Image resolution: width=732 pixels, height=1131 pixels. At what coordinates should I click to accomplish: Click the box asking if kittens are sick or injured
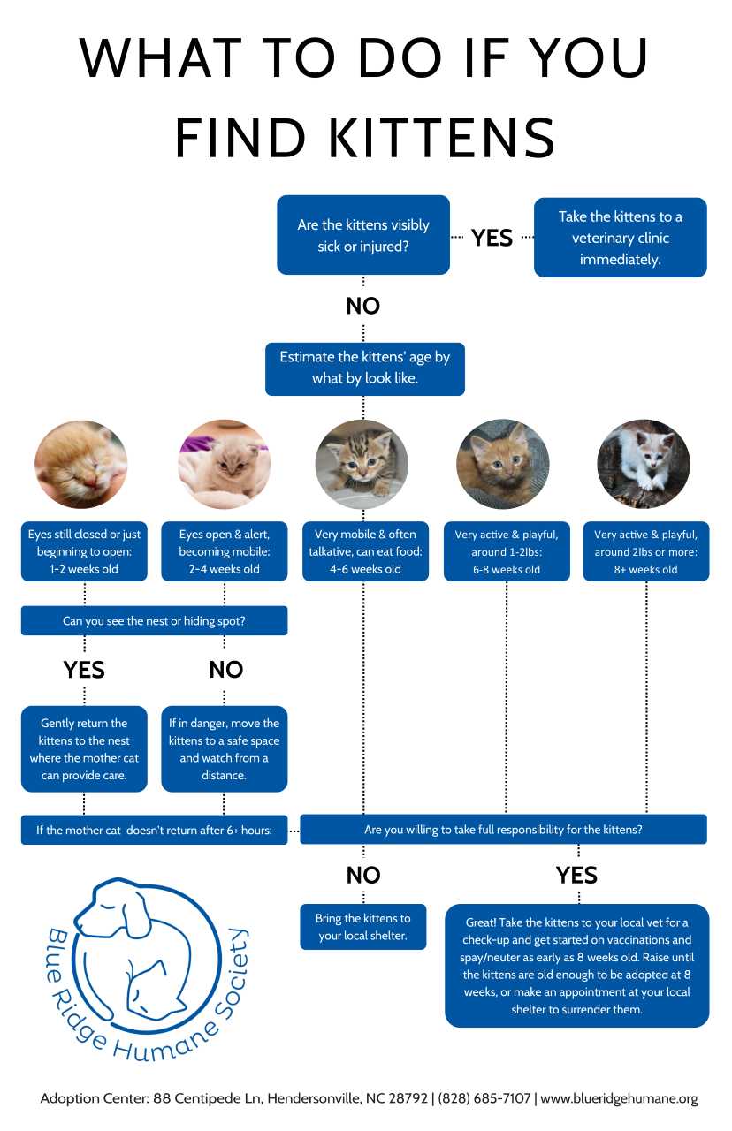coord(362,235)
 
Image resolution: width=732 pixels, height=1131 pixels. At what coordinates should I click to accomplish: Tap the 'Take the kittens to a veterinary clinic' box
coord(620,238)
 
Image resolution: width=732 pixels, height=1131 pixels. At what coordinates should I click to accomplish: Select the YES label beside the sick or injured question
coord(492,238)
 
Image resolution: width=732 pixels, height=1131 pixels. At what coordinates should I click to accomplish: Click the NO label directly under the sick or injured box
coord(362,306)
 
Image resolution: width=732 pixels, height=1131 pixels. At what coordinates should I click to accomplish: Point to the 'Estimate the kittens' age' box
coord(364,368)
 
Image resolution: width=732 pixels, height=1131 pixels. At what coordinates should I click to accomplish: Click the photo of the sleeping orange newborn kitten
coord(81,465)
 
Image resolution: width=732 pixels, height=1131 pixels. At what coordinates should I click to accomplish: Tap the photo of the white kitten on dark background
coord(643,465)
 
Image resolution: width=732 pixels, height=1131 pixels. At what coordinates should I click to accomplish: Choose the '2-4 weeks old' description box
coord(224,551)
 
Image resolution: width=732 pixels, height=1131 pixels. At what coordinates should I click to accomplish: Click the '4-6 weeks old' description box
coord(363,551)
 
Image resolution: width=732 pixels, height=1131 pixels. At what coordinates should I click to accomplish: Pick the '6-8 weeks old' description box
coord(506,551)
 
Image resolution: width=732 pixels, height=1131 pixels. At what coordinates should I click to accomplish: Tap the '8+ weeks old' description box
coord(645,551)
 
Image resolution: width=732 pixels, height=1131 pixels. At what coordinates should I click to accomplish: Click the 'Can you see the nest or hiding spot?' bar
coord(154,620)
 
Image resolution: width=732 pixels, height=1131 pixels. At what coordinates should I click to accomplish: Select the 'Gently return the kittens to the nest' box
coord(84,748)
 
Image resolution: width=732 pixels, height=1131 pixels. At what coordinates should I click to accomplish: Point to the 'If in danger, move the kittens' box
coord(224,748)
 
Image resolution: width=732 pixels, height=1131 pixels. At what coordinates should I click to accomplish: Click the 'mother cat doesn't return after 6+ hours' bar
coord(154,830)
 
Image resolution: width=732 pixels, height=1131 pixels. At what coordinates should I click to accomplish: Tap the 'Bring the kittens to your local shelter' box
coord(362,927)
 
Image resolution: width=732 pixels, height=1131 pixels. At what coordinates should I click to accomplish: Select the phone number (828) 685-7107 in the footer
coord(484,1098)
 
